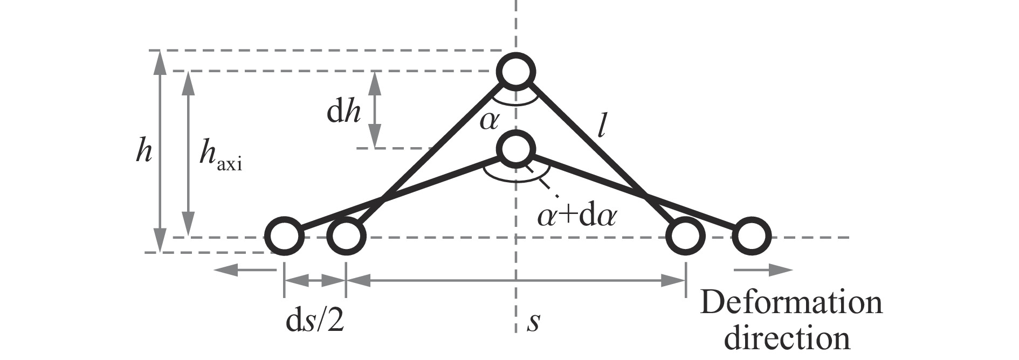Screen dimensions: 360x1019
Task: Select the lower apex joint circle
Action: [x=517, y=149]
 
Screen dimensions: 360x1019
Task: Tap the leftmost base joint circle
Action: [x=284, y=236]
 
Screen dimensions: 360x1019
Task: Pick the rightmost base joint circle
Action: [x=752, y=236]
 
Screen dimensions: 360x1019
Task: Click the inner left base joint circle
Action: [x=346, y=236]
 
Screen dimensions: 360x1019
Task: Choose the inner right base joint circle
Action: [x=685, y=236]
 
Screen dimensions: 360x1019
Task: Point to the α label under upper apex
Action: [x=490, y=121]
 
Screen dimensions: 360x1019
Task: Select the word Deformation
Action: [x=791, y=303]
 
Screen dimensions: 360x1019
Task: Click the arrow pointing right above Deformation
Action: [x=763, y=269]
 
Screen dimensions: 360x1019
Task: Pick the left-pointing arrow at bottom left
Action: [x=246, y=269]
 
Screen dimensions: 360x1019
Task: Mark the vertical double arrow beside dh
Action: [x=375, y=109]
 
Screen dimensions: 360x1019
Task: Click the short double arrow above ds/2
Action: [x=315, y=280]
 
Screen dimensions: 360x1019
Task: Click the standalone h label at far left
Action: [x=143, y=153]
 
